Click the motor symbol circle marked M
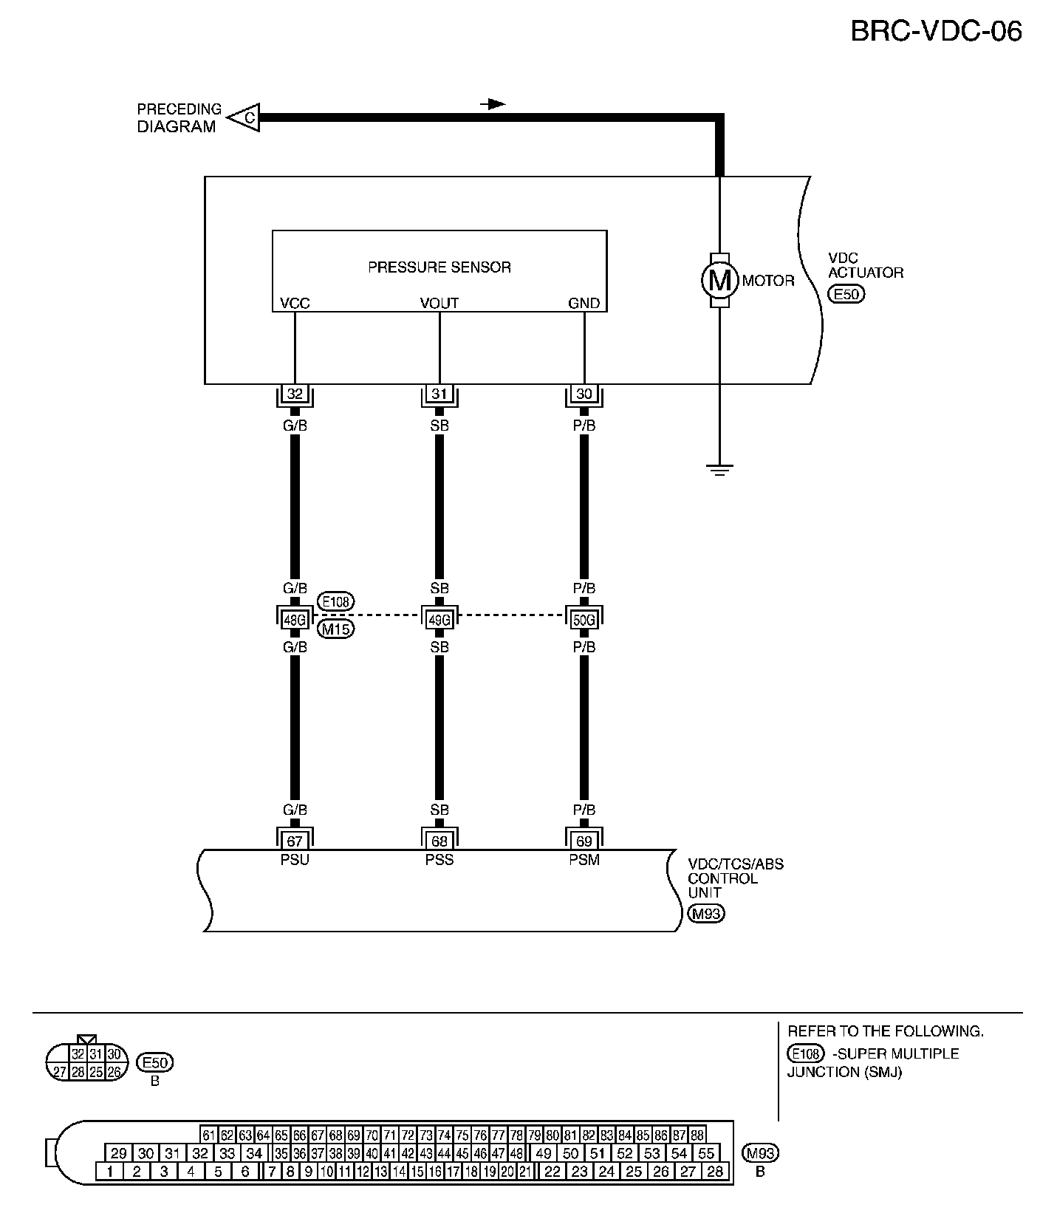(719, 280)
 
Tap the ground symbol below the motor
(719, 468)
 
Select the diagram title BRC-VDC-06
(936, 32)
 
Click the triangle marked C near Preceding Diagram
(247, 117)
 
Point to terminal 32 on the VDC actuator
(295, 394)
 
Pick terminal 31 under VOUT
(439, 394)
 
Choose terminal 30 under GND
(584, 394)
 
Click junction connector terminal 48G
(295, 620)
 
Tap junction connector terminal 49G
(439, 620)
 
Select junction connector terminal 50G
(584, 620)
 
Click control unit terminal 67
(295, 841)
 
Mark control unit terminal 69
(584, 841)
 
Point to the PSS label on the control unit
(439, 860)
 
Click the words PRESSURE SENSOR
(439, 267)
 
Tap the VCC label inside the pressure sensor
(295, 304)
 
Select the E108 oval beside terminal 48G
(335, 602)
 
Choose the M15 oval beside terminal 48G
(335, 629)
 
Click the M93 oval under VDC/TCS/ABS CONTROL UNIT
(705, 914)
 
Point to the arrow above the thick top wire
(493, 104)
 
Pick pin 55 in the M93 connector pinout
(706, 1153)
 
